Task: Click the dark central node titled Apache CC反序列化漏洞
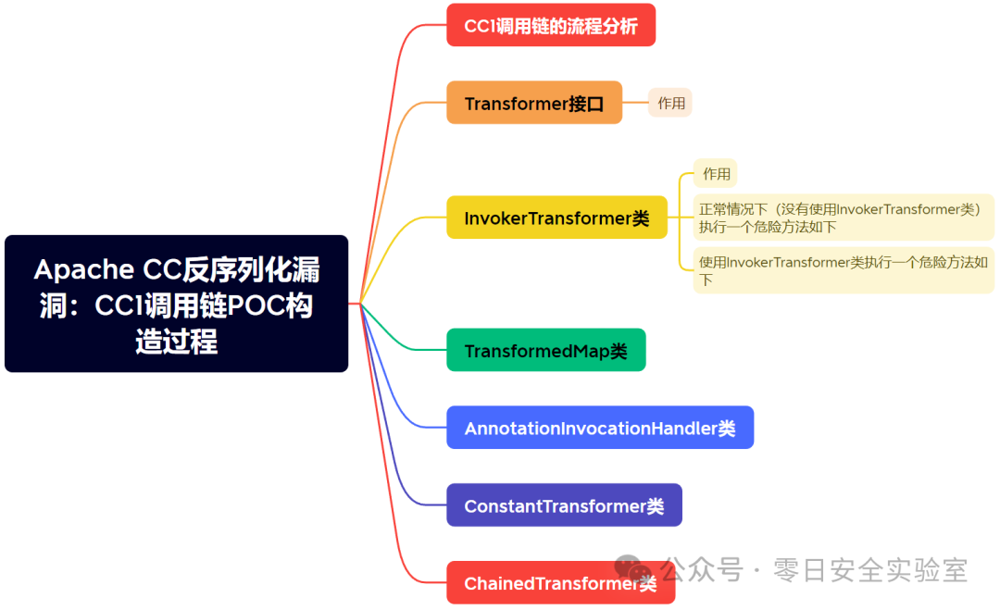[176, 304]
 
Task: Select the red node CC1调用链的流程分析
[551, 26]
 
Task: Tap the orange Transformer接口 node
[534, 103]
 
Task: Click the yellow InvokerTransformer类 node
[556, 218]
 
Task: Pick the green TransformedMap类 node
[545, 351]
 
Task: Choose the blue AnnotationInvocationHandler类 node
[600, 429]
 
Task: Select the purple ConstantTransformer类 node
[564, 506]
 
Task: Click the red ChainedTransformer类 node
[560, 583]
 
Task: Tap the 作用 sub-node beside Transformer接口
[671, 103]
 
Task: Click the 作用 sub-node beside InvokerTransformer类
[716, 173]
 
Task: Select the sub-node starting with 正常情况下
[843, 218]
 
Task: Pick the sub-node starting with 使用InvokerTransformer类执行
[843, 270]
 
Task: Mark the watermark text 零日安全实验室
[870, 570]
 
